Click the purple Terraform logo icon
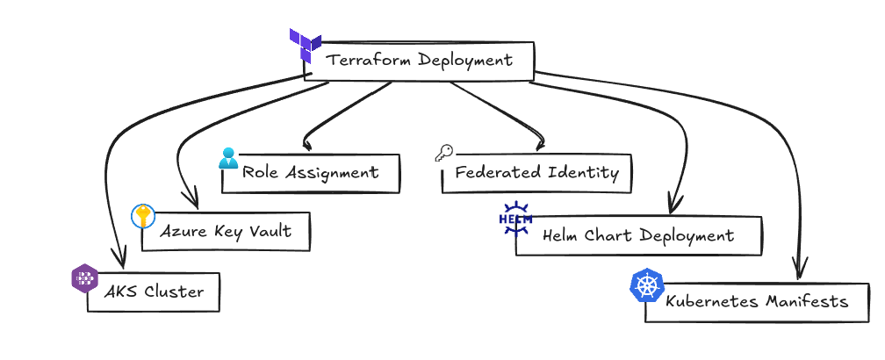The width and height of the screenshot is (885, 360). [305, 44]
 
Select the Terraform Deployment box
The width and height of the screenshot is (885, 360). [419, 61]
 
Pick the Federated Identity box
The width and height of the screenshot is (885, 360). [536, 173]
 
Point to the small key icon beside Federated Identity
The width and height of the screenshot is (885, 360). [443, 154]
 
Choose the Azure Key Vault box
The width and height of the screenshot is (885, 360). [225, 232]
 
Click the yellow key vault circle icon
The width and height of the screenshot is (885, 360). [142, 216]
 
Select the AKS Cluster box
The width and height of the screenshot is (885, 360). [154, 292]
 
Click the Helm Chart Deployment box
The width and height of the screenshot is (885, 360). [638, 236]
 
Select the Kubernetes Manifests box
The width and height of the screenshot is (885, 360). [757, 302]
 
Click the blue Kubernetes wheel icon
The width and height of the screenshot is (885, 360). [647, 285]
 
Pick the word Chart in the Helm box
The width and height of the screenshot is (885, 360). [613, 236]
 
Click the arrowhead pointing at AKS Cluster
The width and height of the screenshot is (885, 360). [117, 260]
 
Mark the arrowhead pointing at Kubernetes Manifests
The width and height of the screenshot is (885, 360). [799, 268]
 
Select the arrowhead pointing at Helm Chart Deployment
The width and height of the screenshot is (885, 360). [673, 206]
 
